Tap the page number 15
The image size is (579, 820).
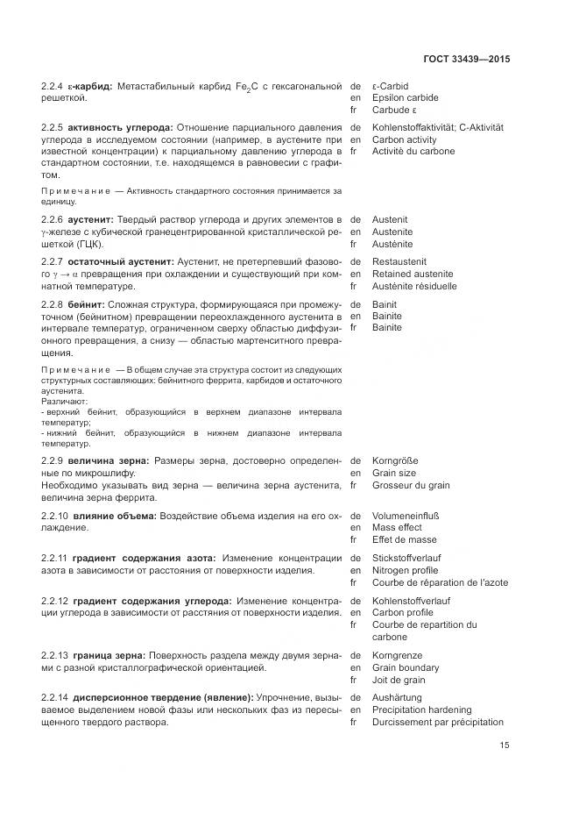[x=505, y=745]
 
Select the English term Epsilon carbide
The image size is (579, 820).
[x=405, y=98]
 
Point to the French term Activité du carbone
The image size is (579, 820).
[x=413, y=151]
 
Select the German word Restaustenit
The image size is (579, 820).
[x=399, y=261]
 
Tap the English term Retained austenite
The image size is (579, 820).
[x=413, y=274]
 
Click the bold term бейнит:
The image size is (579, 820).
[x=88, y=304]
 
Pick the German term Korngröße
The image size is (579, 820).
[x=395, y=460]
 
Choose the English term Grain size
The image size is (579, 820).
[x=395, y=473]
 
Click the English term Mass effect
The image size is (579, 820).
[x=397, y=528]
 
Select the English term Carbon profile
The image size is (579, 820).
[x=402, y=613]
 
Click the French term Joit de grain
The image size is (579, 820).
[x=399, y=680]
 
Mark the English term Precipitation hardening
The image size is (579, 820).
[x=421, y=709]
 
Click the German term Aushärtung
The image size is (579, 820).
[x=397, y=697]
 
